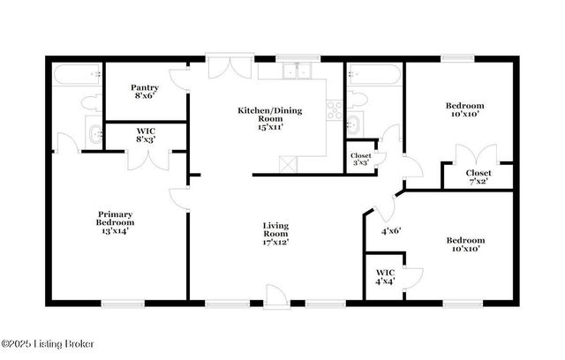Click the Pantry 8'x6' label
pos(145,92)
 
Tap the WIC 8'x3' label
pos(146,135)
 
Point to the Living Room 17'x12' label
pos(275,233)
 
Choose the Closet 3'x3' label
pos(361,159)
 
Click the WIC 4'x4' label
pos(385,277)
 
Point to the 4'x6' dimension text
pos(391,231)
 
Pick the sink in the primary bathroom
pos(94,134)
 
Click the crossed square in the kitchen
pos(286,163)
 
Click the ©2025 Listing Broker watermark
pos(49,344)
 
